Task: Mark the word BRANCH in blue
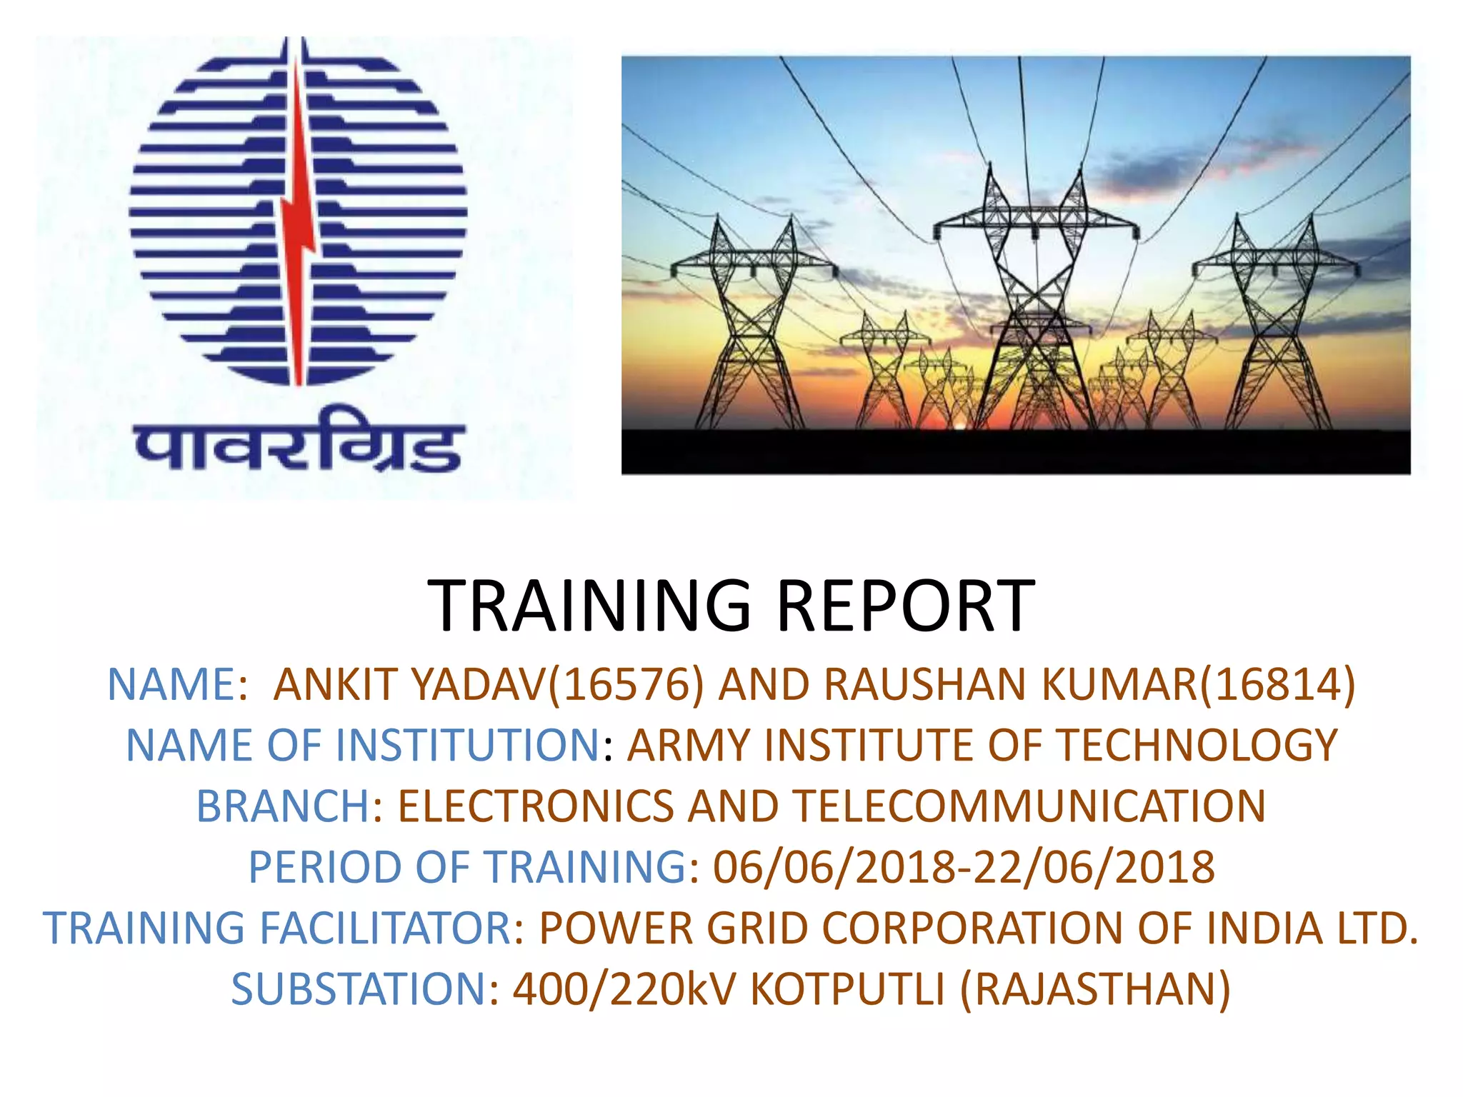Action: (x=283, y=806)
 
